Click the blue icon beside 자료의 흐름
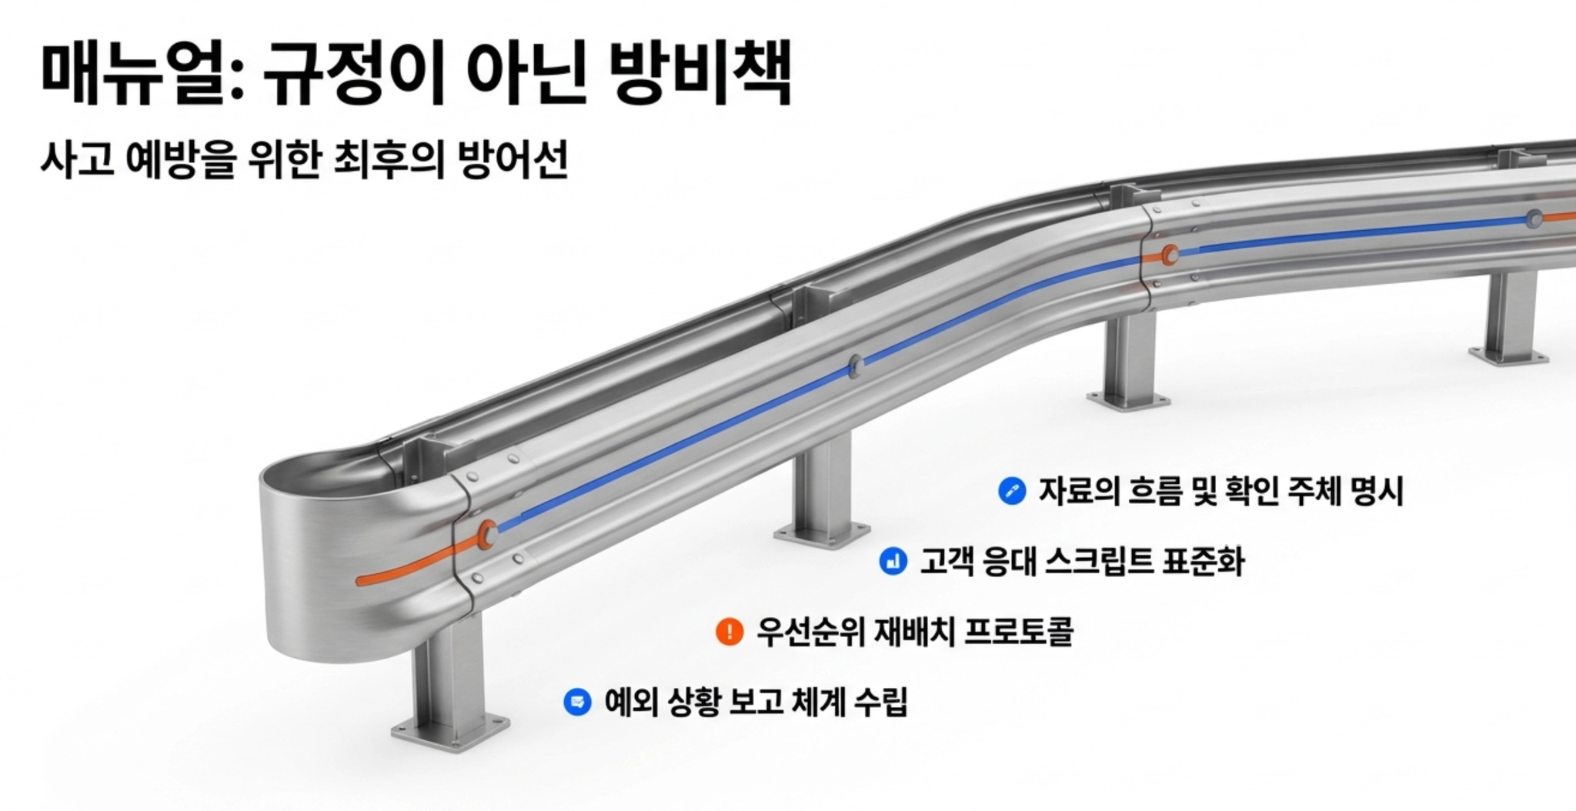point(1011,491)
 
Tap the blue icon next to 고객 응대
point(893,561)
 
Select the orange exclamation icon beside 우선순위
point(729,632)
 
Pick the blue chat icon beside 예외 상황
point(577,702)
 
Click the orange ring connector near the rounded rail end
point(486,533)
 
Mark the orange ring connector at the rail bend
point(1170,255)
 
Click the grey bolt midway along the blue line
point(855,365)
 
